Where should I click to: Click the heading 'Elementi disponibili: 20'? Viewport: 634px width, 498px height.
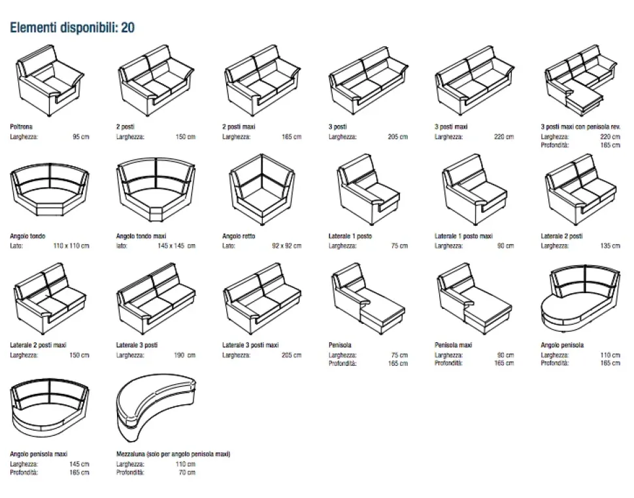point(73,27)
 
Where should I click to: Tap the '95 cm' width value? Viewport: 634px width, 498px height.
point(80,137)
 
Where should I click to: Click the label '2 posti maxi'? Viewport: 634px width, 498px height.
point(239,126)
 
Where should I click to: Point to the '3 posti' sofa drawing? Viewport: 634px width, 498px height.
point(369,80)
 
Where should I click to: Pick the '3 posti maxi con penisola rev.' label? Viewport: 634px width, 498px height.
point(580,126)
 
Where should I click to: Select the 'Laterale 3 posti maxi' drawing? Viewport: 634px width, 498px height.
point(262,297)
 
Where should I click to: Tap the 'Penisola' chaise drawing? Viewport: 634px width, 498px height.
point(369,298)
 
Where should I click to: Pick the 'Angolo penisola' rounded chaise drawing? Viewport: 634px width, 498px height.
point(580,298)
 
